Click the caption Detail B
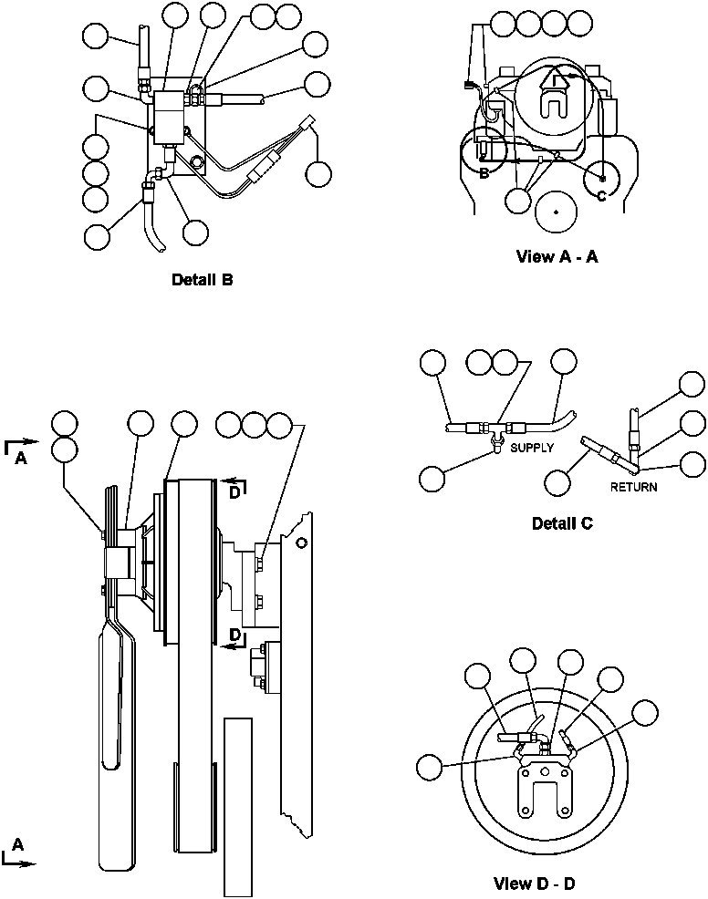pos(202,280)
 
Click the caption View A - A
pos(557,257)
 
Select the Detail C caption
pos(562,523)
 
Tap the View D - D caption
pos(535,883)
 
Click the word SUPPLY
pos(532,448)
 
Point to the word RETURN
pos(633,487)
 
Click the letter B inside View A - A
pos(484,173)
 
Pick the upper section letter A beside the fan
pos(20,460)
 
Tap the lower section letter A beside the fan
pos(18,845)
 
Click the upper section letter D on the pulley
pos(234,493)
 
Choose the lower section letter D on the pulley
pos(234,634)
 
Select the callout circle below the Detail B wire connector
pos(319,173)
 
